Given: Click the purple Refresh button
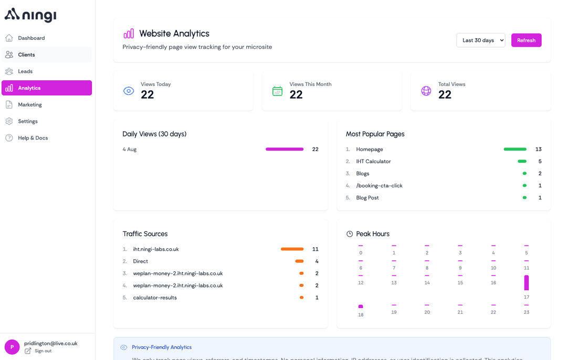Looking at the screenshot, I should click(x=526, y=40).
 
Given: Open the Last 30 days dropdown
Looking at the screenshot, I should click(x=480, y=40).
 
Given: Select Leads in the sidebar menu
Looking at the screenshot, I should click(x=25, y=71).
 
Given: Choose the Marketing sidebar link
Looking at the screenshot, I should click(x=29, y=104).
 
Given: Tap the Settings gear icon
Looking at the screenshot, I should click(x=9, y=121).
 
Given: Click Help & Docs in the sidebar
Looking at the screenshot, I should click(x=33, y=138).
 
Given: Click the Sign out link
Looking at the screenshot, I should click(x=43, y=351).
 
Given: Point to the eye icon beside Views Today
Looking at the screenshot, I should click(x=129, y=91).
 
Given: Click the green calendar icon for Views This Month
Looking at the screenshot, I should click(x=277, y=91).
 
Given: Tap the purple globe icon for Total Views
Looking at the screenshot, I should click(x=426, y=91).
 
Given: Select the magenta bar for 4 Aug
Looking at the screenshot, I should click(x=285, y=150).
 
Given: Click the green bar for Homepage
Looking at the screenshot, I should click(x=515, y=150).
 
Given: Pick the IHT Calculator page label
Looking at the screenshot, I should click(x=373, y=162).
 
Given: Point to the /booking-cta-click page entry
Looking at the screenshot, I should click(x=379, y=186).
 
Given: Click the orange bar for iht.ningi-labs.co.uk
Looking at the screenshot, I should click(x=292, y=249).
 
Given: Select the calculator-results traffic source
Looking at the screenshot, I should click(x=155, y=298).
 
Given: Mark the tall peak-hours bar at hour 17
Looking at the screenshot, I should click(x=527, y=283).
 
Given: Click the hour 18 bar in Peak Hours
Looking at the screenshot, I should click(x=361, y=306).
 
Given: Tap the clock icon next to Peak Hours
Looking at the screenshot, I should click(x=350, y=234).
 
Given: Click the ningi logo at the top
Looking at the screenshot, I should click(x=30, y=15).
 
